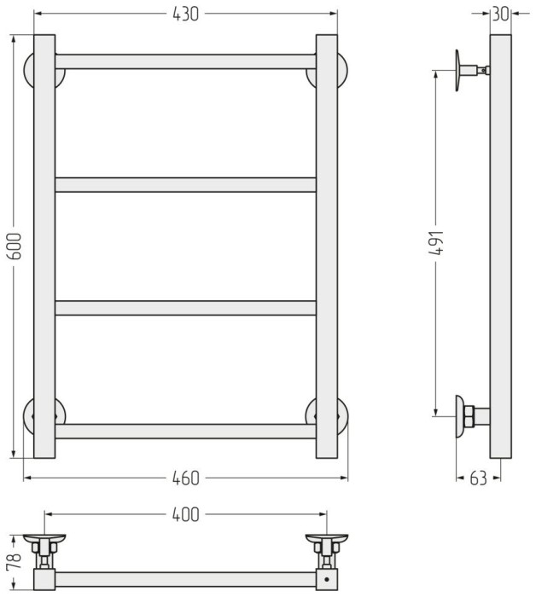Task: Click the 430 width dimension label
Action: tap(185, 14)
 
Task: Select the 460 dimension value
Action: tap(185, 478)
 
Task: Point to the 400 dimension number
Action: tap(185, 514)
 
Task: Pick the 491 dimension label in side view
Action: tap(438, 242)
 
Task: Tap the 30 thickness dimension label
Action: tap(500, 14)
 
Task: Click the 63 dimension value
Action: tap(478, 478)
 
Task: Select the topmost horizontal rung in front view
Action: tap(185, 61)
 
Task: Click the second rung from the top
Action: tap(185, 185)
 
